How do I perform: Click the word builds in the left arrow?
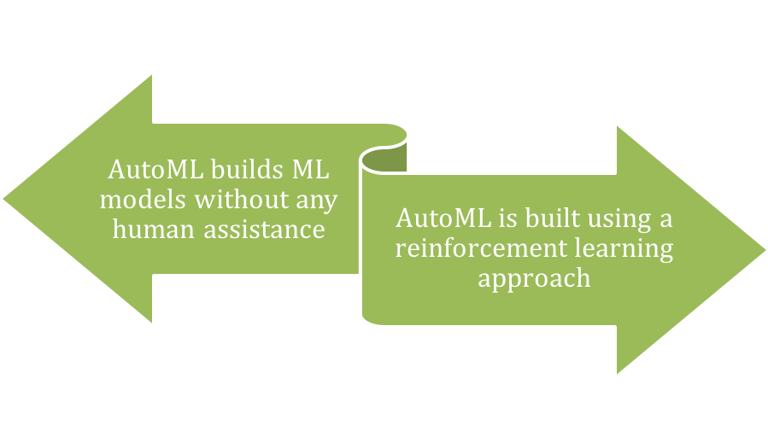[x=248, y=170]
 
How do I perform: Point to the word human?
[x=153, y=230]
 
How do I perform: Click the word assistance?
[x=265, y=230]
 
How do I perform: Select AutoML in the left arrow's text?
[x=155, y=170]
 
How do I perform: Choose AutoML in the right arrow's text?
[x=443, y=218]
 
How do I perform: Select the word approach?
[x=535, y=279]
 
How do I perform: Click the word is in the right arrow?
[x=508, y=218]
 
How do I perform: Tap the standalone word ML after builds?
[x=310, y=170]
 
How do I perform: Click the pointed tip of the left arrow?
[x=3, y=199]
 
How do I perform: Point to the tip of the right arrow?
[x=765, y=250]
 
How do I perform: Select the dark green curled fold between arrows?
[x=387, y=160]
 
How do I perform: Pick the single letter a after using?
[x=666, y=219]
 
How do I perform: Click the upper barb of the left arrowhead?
[x=151, y=76]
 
